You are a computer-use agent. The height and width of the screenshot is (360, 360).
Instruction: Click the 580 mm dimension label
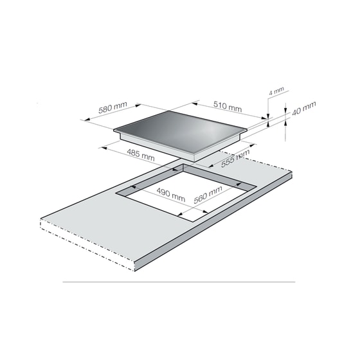(x=113, y=107)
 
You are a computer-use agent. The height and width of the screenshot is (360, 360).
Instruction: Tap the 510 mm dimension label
(x=228, y=106)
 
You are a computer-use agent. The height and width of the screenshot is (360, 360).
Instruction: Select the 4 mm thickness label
(x=276, y=91)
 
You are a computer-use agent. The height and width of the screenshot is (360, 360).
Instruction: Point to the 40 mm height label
(x=303, y=108)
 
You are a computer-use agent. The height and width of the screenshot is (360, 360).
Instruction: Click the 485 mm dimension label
(x=141, y=155)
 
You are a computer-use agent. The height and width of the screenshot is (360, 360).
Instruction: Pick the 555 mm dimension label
(x=235, y=158)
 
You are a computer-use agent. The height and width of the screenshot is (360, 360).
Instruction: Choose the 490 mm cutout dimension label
(x=170, y=194)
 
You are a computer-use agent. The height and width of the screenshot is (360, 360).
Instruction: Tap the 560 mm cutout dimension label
(x=208, y=195)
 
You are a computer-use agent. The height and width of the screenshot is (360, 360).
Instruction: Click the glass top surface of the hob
(x=180, y=131)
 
